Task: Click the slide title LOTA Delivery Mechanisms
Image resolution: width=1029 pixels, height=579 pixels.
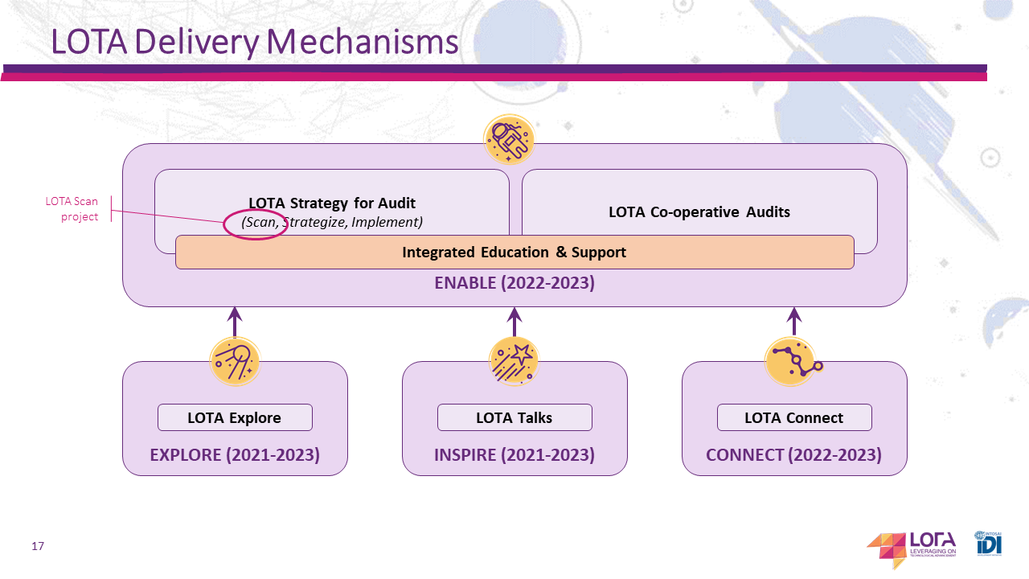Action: (254, 42)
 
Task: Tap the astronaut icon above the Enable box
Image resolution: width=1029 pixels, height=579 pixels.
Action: (509, 140)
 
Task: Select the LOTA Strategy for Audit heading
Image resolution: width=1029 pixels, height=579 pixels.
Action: (332, 203)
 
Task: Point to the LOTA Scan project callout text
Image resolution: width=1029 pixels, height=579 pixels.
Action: (72, 209)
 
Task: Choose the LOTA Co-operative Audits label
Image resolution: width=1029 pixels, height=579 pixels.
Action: (699, 212)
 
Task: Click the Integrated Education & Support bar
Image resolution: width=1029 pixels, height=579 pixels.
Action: (514, 253)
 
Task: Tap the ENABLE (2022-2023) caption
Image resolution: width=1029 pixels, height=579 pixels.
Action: (514, 283)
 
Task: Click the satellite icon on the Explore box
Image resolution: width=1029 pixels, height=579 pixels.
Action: (235, 361)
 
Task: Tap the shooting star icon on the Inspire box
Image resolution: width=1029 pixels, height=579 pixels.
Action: (514, 361)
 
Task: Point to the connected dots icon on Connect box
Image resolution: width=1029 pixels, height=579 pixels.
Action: (792, 361)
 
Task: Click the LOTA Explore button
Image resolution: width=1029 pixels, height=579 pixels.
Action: (234, 417)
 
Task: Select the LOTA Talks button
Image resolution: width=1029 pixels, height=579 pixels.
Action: (514, 417)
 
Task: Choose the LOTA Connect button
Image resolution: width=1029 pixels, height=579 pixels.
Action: (794, 417)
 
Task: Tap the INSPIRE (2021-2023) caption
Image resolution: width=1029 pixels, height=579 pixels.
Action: (514, 455)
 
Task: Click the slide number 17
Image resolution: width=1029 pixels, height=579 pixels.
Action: (38, 547)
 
